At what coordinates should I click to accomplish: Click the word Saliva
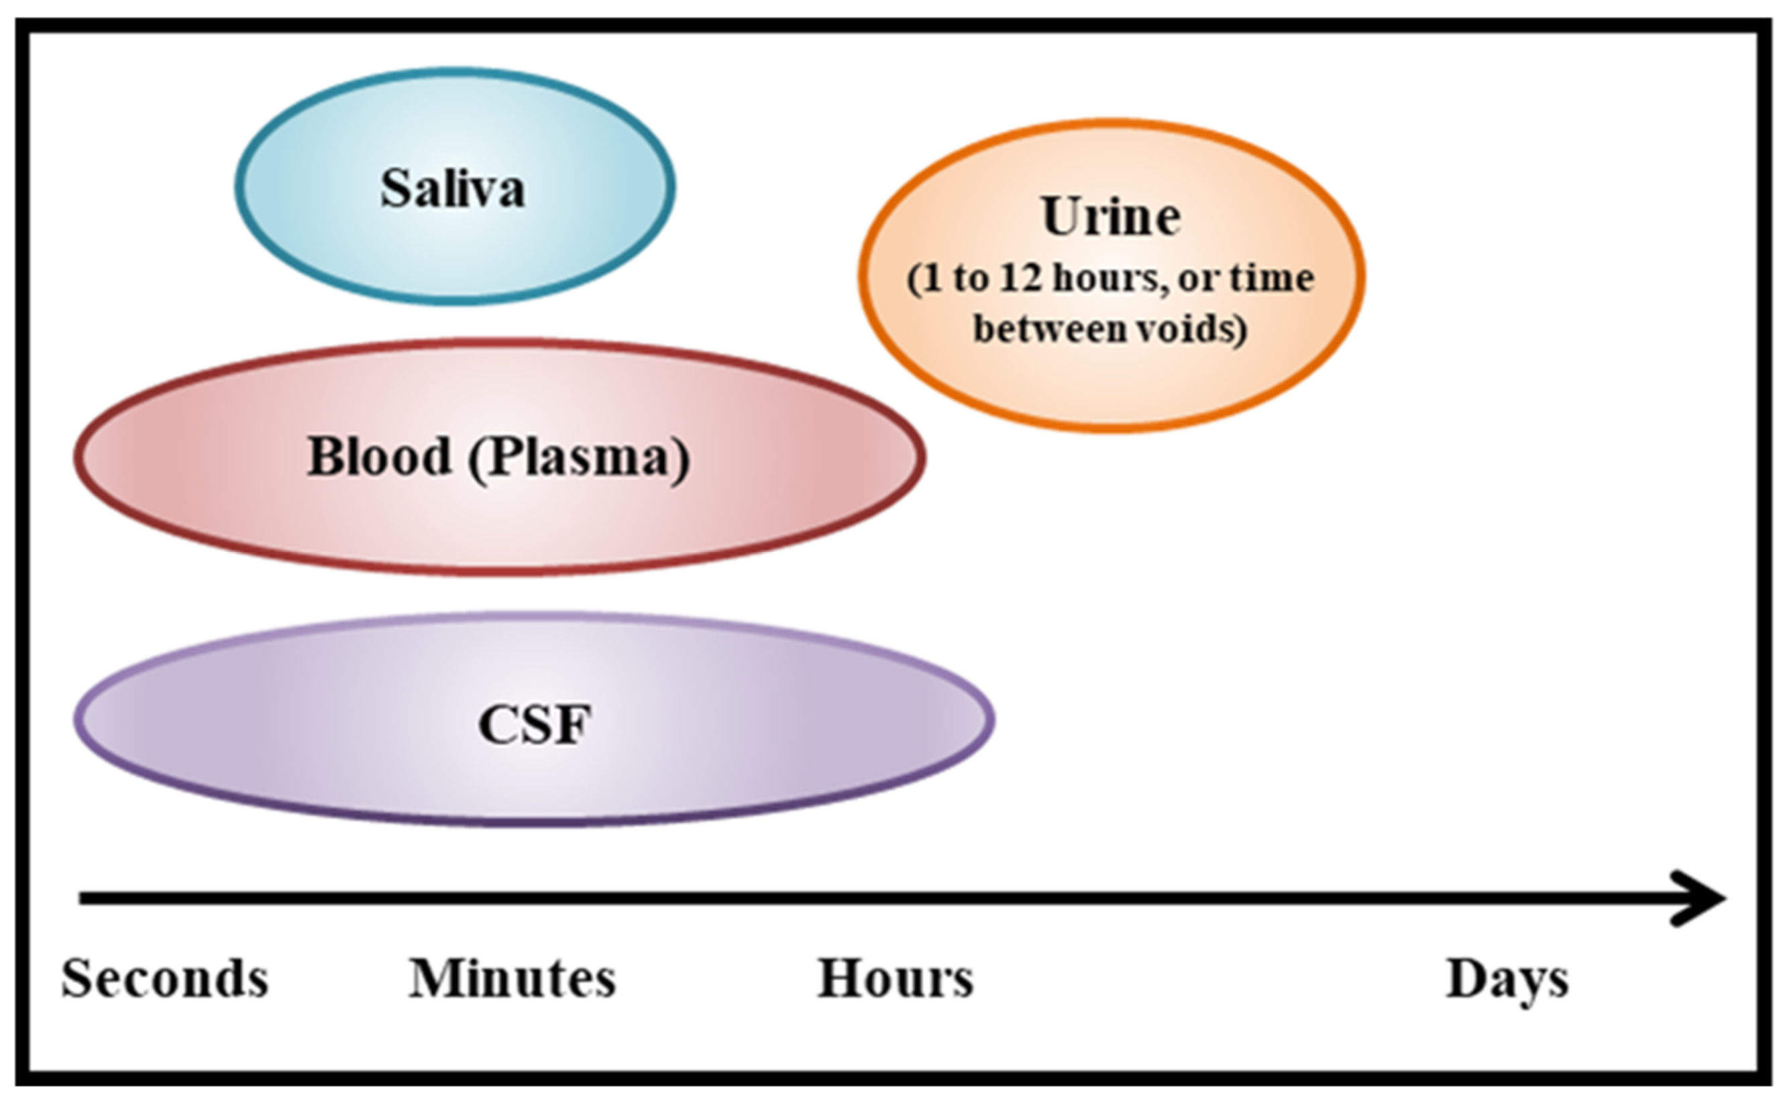click(x=453, y=188)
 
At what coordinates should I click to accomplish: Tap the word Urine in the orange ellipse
click(x=1111, y=217)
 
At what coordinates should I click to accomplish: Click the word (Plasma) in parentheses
click(x=579, y=458)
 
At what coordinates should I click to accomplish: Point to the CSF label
click(x=535, y=725)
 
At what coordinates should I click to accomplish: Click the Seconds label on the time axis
click(x=165, y=978)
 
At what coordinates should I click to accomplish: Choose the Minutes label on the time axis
click(x=512, y=978)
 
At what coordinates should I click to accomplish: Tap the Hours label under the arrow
click(x=896, y=978)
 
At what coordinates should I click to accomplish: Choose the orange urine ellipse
click(x=1111, y=380)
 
